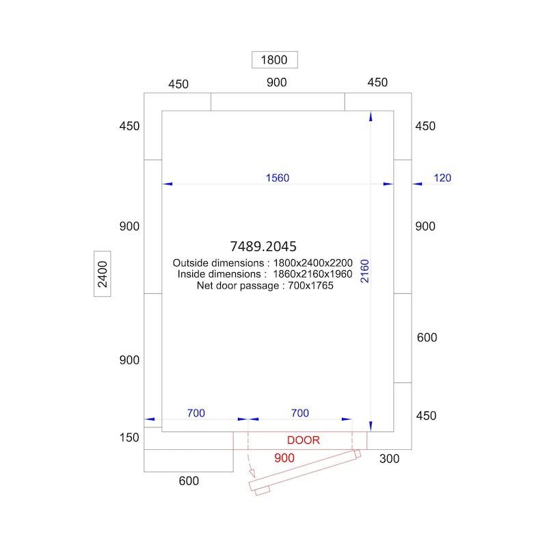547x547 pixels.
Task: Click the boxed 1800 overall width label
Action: (x=275, y=59)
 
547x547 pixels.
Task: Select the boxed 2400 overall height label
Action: (x=102, y=274)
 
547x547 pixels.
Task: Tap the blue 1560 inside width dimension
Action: (x=278, y=178)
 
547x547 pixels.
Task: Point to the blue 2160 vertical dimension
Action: (x=364, y=271)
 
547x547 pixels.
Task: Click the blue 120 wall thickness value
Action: (x=442, y=178)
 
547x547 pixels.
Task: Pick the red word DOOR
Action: (x=303, y=440)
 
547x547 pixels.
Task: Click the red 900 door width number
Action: (x=284, y=458)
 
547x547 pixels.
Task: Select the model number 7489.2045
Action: (x=263, y=246)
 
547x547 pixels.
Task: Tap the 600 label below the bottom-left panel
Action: (x=189, y=481)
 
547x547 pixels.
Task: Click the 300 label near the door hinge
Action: (x=389, y=459)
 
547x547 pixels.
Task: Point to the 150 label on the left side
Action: (x=129, y=438)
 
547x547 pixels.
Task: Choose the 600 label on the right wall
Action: (x=427, y=338)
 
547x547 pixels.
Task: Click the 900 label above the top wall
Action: (x=277, y=83)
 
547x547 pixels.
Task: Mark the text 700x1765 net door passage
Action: (x=310, y=286)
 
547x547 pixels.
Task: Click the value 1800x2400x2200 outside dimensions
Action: (x=312, y=263)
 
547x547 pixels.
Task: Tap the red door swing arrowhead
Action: (x=252, y=473)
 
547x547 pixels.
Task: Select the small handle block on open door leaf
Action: (x=263, y=491)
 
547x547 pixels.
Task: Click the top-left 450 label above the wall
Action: (x=178, y=84)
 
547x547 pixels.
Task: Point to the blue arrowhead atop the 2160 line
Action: (x=371, y=116)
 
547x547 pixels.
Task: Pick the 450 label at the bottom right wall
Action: (x=426, y=416)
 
